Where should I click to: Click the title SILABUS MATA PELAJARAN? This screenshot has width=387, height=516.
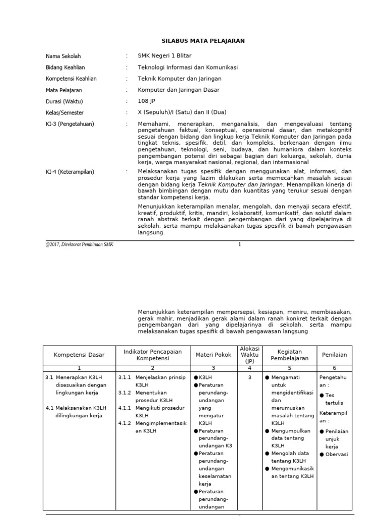pos(203,41)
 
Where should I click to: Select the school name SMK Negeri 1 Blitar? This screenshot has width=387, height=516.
pos(164,56)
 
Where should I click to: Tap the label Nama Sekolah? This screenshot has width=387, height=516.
pos(63,56)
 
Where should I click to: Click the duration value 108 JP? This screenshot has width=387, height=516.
pos(147,101)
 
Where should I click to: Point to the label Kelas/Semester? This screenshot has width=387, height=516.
pos(65,113)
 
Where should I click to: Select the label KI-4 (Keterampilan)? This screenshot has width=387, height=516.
pos(70,172)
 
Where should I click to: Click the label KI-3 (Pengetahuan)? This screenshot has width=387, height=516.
pos(70,124)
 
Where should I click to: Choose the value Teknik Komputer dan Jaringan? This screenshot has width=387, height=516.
pos(179,79)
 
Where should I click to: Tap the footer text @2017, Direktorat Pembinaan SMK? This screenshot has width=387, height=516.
pos(79,244)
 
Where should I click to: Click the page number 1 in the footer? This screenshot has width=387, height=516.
pos(240,244)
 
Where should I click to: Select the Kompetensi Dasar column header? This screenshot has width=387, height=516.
pos(79,355)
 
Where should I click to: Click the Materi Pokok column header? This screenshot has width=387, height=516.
pos(213,355)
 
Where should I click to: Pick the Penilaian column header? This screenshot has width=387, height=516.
pos(335,355)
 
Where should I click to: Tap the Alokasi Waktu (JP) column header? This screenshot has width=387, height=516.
pos(250,355)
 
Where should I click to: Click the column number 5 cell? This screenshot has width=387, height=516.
pos(289,368)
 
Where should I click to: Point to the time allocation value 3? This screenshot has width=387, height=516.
pos(249,377)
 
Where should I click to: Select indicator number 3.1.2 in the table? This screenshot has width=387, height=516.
pos(126,393)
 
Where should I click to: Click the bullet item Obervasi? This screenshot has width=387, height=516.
pos(337,454)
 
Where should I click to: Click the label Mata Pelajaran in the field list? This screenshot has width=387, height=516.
pos(64,90)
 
